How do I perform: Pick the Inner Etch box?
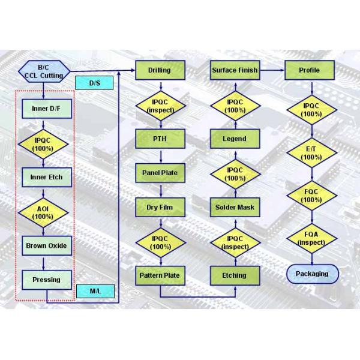pos(46,178)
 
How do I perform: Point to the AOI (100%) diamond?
pos(43,212)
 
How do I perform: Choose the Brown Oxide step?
pos(46,246)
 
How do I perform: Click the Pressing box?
pos(46,280)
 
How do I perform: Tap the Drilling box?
pos(159,71)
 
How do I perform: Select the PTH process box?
pos(159,139)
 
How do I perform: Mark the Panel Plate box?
pos(159,173)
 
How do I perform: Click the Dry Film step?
pos(159,208)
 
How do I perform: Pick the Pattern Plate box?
pos(159,275)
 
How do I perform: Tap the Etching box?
pos(235,275)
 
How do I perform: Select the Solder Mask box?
pos(235,208)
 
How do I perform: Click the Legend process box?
pos(235,139)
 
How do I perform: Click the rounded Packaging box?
pos(312,274)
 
